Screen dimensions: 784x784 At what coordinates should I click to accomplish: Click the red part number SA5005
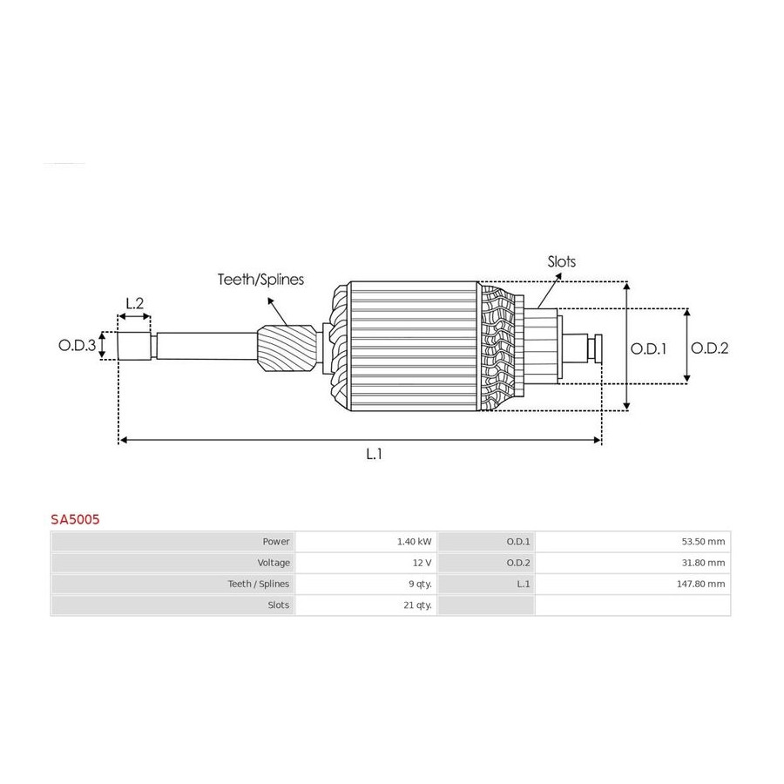click(x=75, y=519)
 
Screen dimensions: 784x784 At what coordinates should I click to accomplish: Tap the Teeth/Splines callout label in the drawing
click(x=260, y=280)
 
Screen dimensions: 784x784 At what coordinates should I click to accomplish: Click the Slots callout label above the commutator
click(x=562, y=261)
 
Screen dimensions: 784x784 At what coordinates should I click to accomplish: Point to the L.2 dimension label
click(x=134, y=303)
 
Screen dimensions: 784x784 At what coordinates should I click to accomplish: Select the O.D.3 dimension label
click(x=77, y=345)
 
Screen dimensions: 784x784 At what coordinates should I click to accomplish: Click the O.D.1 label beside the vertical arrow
click(x=648, y=348)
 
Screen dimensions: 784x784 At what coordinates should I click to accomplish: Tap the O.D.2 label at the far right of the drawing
click(x=709, y=348)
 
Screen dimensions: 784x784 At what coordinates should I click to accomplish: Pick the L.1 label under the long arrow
click(x=374, y=454)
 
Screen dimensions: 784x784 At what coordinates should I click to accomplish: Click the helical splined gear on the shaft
click(x=287, y=348)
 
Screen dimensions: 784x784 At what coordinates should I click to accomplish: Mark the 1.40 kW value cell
click(x=414, y=542)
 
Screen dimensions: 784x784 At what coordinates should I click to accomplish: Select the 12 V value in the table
click(x=422, y=563)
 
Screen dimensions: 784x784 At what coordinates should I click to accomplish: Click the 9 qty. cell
click(x=420, y=584)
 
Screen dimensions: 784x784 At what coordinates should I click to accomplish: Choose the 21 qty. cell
click(x=417, y=605)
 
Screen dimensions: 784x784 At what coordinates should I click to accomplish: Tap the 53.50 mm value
click(x=703, y=542)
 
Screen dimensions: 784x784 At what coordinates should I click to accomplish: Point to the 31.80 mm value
click(x=703, y=563)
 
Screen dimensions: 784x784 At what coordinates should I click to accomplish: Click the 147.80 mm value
click(x=700, y=584)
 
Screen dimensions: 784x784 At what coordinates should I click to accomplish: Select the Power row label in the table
click(x=276, y=542)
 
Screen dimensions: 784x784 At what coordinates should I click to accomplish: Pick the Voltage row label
click(x=274, y=563)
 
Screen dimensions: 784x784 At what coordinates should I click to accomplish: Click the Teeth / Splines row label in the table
click(x=259, y=584)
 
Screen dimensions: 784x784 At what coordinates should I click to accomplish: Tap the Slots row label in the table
click(x=279, y=605)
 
